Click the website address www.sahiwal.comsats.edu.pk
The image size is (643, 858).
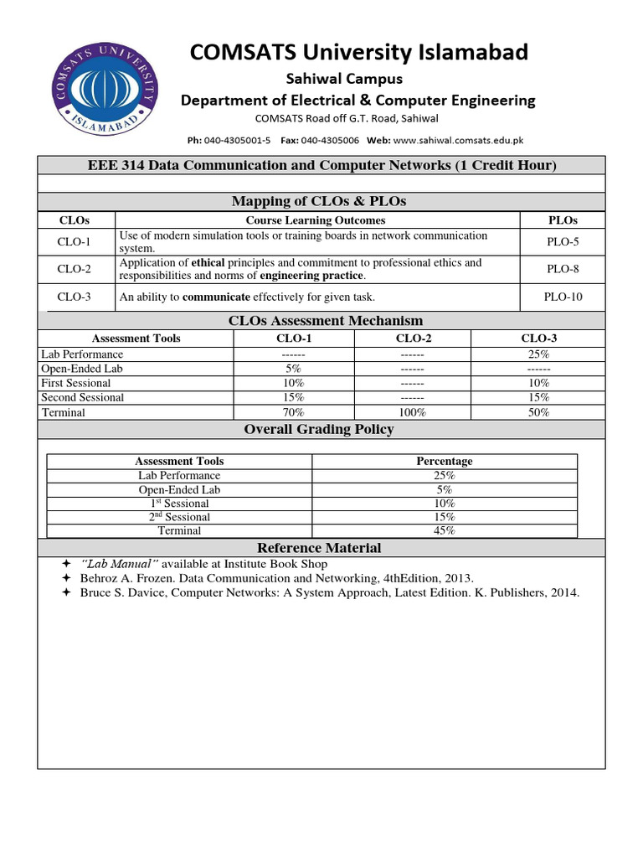point(458,141)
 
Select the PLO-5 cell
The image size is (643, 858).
point(563,242)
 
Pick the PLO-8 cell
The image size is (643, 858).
point(563,269)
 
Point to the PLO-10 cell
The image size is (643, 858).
point(563,297)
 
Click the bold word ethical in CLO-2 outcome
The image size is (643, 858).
point(208,263)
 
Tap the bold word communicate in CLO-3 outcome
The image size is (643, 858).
point(216,297)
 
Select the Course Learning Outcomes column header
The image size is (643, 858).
point(316,220)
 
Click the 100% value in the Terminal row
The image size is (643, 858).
point(412,412)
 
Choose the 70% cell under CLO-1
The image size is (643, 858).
point(293,412)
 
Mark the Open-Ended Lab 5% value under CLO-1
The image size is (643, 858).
point(293,369)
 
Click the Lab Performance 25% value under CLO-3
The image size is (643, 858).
point(538,354)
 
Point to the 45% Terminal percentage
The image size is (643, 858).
point(445,530)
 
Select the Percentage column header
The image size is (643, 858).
point(445,461)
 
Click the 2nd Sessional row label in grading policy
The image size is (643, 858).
point(179,517)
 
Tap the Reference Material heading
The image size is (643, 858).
point(319,548)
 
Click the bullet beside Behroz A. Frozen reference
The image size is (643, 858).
point(67,578)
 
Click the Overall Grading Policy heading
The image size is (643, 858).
point(319,429)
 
